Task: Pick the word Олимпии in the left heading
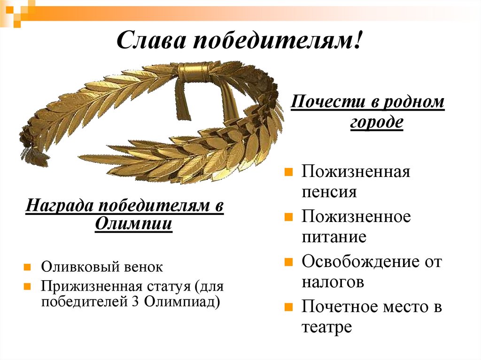coord(133,225)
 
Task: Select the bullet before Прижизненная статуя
coord(28,285)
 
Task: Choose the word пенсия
coord(329,192)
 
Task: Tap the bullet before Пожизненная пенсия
coord(289,172)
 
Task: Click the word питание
coord(334,237)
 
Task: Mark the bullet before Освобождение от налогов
coord(289,262)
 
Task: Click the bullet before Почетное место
coord(289,307)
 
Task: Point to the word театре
coord(327,327)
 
